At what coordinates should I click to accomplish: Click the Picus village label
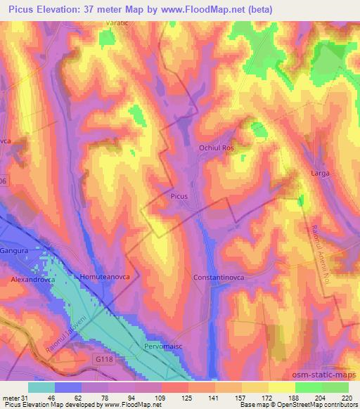179,197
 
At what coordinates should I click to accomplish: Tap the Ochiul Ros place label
217,149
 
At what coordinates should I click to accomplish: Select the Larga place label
320,173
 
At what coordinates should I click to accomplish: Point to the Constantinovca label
218,278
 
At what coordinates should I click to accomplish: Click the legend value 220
347,397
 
